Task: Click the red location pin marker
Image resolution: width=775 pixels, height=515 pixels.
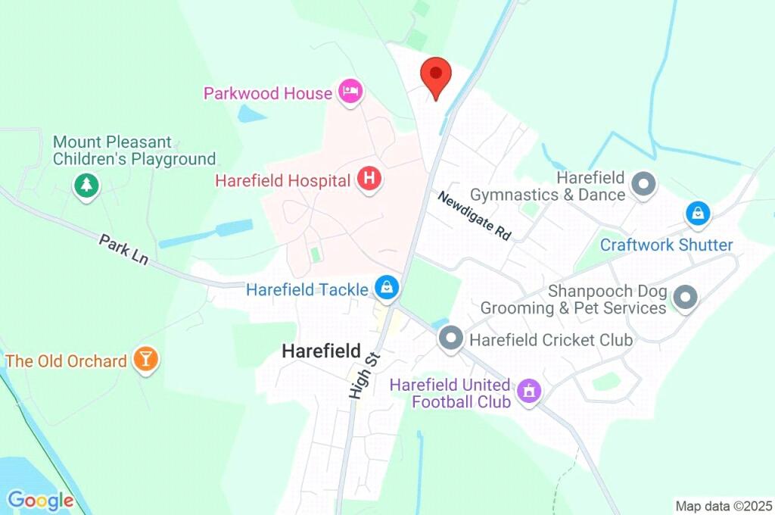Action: pyautogui.click(x=436, y=76)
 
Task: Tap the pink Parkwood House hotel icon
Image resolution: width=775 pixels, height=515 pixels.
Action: pyautogui.click(x=350, y=92)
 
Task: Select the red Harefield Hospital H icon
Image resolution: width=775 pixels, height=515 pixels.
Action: pyautogui.click(x=369, y=180)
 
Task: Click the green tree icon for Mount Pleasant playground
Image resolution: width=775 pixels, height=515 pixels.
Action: pyautogui.click(x=87, y=184)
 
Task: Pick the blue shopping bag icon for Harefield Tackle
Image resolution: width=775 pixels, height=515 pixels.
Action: pyautogui.click(x=387, y=287)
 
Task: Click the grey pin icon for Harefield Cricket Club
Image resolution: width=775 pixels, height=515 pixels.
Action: pyautogui.click(x=451, y=338)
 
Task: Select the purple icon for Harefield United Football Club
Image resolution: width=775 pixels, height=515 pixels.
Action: pyautogui.click(x=528, y=391)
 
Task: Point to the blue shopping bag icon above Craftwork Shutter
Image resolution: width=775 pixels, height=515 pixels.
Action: pyautogui.click(x=698, y=214)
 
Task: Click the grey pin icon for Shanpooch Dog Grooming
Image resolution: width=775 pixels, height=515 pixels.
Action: pyautogui.click(x=685, y=298)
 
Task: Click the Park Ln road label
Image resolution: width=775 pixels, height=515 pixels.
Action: pyautogui.click(x=123, y=249)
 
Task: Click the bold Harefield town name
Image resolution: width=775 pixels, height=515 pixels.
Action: pyautogui.click(x=321, y=351)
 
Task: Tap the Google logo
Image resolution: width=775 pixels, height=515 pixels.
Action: pyautogui.click(x=40, y=500)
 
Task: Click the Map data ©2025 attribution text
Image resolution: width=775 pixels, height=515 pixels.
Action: pyautogui.click(x=723, y=505)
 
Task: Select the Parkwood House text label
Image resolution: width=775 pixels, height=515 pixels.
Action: pyautogui.click(x=268, y=93)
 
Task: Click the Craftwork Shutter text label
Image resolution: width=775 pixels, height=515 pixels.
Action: pyautogui.click(x=666, y=245)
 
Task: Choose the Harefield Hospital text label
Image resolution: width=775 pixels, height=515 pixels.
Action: pyautogui.click(x=283, y=181)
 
